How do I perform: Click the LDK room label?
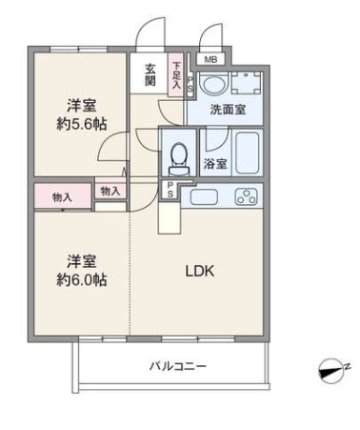click(200, 271)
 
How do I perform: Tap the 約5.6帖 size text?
click(82, 124)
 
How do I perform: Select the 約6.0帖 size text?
click(82, 279)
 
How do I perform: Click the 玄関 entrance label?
click(150, 75)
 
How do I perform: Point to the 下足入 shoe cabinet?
click(176, 75)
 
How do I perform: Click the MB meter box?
click(210, 59)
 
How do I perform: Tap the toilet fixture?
click(178, 159)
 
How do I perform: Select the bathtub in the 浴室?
click(248, 153)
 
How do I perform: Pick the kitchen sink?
click(204, 197)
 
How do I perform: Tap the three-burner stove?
click(246, 196)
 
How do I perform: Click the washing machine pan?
click(246, 83)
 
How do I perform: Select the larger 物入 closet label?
click(62, 197)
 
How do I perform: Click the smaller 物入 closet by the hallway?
click(110, 191)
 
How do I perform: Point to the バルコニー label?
click(178, 366)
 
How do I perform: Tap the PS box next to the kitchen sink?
click(170, 190)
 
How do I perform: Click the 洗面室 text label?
click(228, 110)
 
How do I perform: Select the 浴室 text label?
click(215, 164)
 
